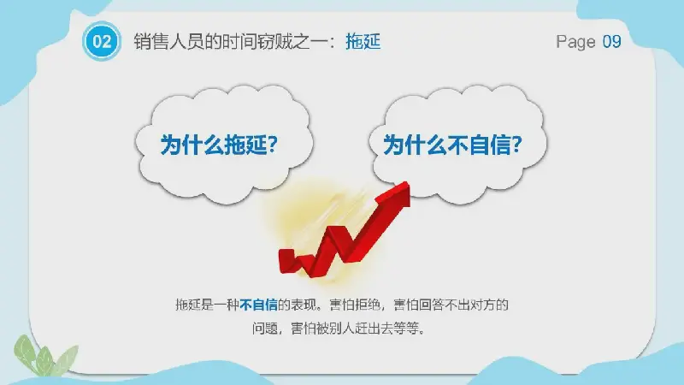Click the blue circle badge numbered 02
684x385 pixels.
[102, 41]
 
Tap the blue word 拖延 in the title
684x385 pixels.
[363, 42]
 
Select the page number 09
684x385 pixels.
[611, 41]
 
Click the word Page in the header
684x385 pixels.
[575, 42]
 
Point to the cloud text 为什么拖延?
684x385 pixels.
[219, 145]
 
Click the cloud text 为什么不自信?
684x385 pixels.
[453, 145]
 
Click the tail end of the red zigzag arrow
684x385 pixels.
[286, 260]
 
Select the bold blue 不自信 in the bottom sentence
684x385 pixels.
[259, 305]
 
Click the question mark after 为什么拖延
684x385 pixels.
[272, 145]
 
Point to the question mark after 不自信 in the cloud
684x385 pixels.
[517, 145]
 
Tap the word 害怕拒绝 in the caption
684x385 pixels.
[355, 305]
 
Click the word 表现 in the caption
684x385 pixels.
[304, 305]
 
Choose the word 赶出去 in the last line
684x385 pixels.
[374, 328]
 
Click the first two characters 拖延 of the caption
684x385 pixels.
[188, 305]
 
